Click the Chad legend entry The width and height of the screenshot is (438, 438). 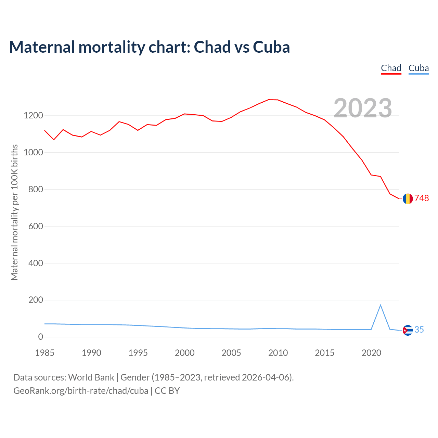point(391,68)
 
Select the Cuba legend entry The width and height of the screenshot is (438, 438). point(418,68)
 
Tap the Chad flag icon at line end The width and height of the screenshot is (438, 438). point(408,198)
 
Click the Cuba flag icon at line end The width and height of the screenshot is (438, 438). point(408,330)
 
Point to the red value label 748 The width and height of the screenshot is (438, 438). point(422,198)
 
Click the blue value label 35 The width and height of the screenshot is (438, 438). point(419,330)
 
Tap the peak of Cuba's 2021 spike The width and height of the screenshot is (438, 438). point(381,305)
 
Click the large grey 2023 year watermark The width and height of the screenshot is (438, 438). point(363,108)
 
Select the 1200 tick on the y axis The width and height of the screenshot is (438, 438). point(34,116)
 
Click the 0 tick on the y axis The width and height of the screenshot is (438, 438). point(41,337)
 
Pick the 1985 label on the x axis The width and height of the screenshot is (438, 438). point(45,353)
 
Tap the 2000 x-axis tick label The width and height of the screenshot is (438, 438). point(185,353)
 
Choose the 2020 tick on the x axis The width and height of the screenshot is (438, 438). point(371,353)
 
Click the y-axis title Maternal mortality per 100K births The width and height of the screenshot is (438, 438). point(14,212)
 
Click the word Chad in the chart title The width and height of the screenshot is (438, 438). point(212,47)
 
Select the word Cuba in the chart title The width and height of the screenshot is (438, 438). point(271,47)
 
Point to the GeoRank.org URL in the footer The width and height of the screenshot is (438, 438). point(81,391)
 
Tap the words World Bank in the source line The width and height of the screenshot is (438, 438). point(91,377)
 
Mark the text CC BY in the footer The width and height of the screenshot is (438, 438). point(167,391)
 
